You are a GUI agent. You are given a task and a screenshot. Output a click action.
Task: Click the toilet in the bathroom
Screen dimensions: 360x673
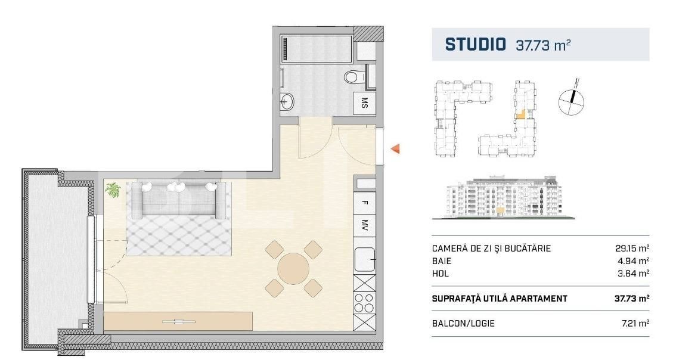point(353,76)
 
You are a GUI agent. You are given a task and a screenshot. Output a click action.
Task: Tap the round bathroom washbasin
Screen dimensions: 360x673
point(287,101)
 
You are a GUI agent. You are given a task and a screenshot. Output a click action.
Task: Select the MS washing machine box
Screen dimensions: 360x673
point(364,104)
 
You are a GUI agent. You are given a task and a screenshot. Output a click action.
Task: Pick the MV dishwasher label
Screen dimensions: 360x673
point(364,226)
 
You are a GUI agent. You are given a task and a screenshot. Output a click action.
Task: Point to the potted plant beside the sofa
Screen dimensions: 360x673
point(112,190)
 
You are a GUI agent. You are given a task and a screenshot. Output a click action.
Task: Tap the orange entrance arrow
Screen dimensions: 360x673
point(395,149)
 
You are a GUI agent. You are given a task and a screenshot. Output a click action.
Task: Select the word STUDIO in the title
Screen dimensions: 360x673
point(475,45)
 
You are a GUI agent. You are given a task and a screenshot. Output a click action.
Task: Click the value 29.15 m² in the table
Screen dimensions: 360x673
point(631,249)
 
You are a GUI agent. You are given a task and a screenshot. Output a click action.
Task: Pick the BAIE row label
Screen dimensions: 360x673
point(442,261)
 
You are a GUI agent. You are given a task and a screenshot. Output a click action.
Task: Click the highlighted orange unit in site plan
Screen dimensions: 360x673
point(520,115)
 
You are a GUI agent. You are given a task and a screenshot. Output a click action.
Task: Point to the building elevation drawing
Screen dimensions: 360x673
point(504,197)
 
